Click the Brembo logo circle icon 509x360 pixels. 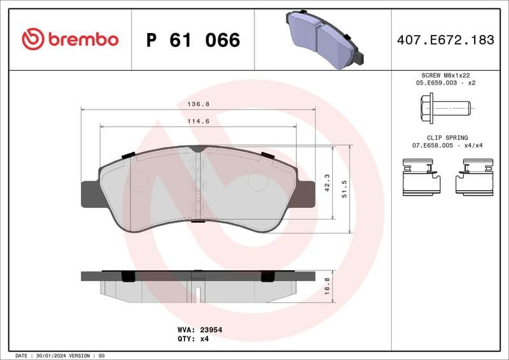32,39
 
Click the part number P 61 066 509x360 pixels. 193,40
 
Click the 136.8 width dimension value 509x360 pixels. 199,104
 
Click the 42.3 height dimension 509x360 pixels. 327,183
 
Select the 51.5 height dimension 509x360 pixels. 344,189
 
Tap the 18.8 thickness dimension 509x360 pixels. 327,286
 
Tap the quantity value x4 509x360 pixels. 205,339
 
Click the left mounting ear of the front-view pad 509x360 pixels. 90,194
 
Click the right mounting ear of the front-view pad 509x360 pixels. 306,194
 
